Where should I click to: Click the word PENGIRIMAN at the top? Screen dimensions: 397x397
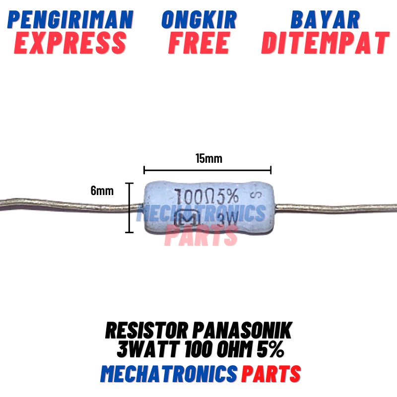pos(71,20)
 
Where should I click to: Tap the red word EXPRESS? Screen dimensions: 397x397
pos(71,43)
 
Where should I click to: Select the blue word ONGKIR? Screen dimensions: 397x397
pos(199,20)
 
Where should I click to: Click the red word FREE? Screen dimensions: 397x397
pos(199,43)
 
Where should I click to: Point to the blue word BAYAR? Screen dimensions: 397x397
pos(325,20)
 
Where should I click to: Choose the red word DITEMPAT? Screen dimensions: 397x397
pos(325,43)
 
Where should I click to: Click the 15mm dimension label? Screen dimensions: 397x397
pos(208,159)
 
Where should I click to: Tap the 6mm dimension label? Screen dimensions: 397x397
pos(102,191)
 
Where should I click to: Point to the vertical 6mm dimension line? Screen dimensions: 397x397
pos(130,207)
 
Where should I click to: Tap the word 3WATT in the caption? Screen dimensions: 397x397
pos(146,351)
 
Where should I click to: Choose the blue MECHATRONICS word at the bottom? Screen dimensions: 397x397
pos(168,373)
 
